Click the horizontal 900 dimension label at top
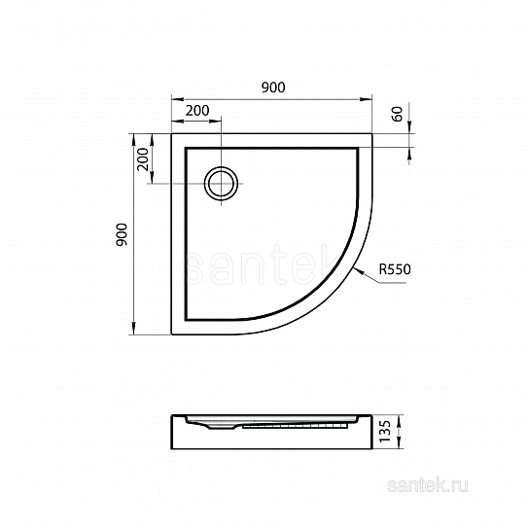coord(273,88)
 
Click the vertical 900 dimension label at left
coord(122,234)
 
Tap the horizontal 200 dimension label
coord(197,111)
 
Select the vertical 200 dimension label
coord(143,159)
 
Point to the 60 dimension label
coord(398,114)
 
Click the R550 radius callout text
coord(395,269)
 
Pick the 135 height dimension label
coord(385,432)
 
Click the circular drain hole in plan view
coord(221,184)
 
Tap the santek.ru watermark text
coord(427,486)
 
